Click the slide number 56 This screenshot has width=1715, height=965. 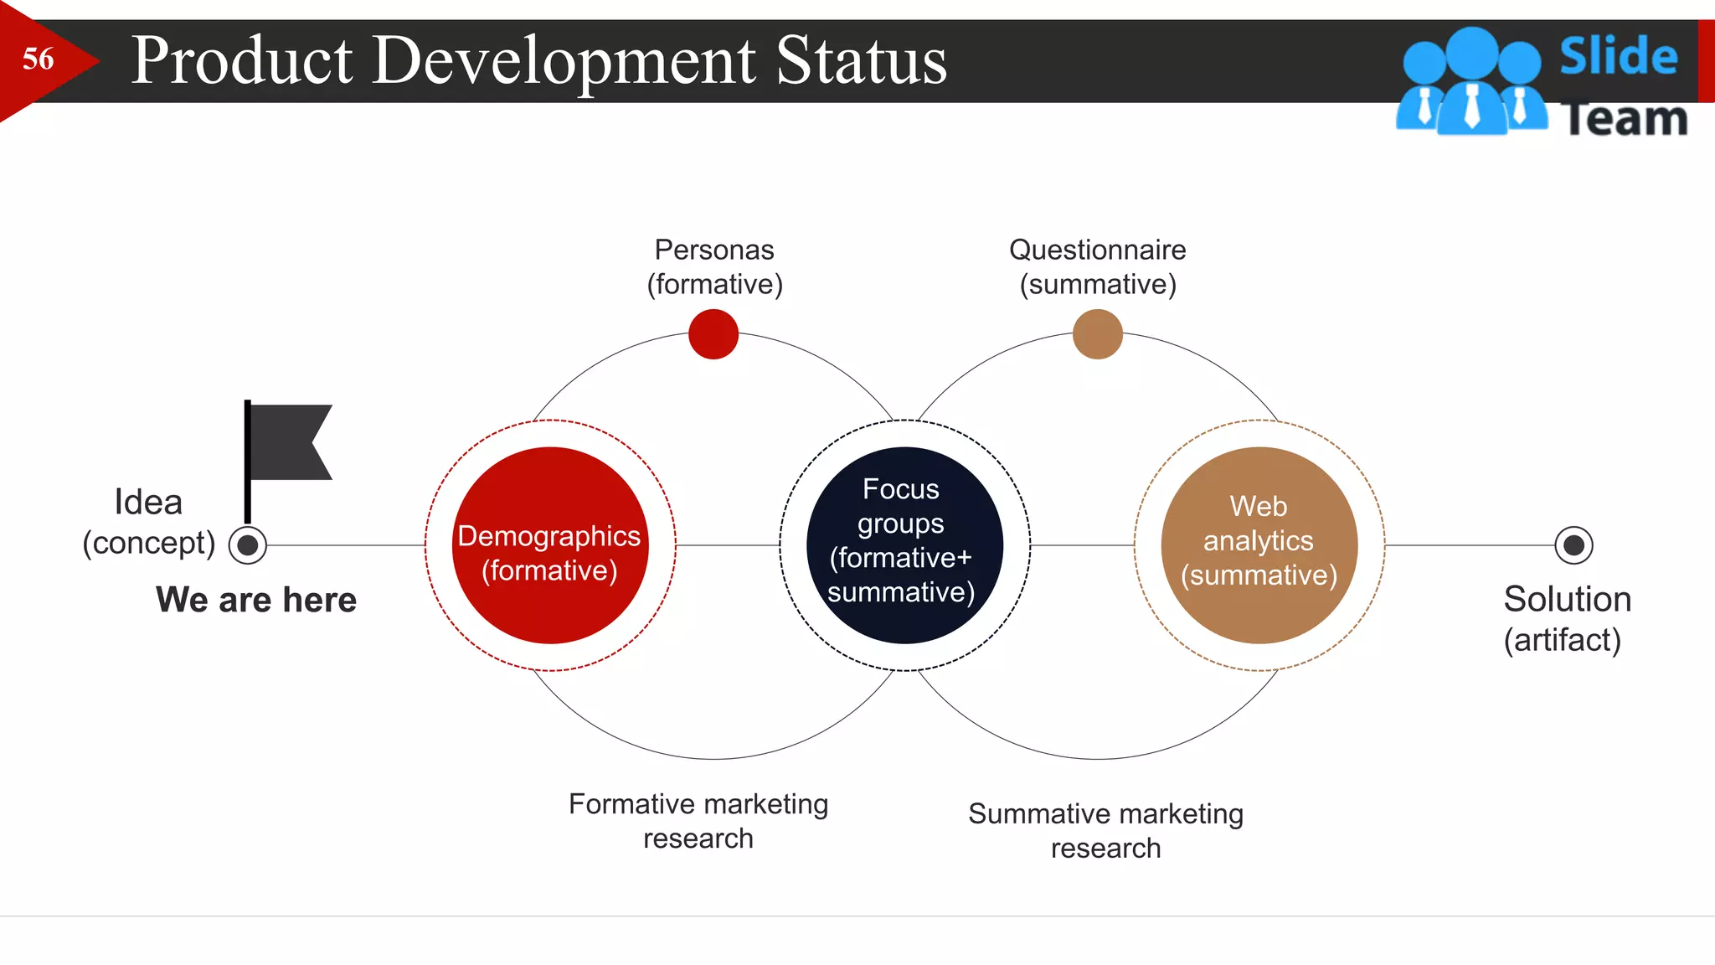[x=39, y=59]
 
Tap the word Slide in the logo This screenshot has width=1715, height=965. [x=1618, y=57]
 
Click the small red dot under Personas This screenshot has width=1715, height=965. [x=713, y=334]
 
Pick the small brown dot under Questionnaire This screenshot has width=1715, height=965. [x=1097, y=334]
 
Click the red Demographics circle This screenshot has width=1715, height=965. [x=550, y=545]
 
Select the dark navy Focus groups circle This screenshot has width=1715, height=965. [x=904, y=545]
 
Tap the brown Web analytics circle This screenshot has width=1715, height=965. [x=1259, y=545]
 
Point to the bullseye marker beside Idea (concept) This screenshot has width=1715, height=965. [x=248, y=545]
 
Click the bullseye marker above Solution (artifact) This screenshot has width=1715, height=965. [x=1573, y=545]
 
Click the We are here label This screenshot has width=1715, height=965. [x=256, y=600]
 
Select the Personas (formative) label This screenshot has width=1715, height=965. [x=714, y=267]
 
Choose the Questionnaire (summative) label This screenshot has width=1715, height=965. [x=1097, y=267]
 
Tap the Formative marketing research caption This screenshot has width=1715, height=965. [x=698, y=821]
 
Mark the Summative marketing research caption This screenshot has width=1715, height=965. [x=1105, y=831]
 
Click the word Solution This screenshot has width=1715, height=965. [x=1567, y=600]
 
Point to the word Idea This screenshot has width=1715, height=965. [x=148, y=503]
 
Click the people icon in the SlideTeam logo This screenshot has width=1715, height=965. [x=1471, y=82]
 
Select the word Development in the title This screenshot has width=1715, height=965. [x=564, y=60]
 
